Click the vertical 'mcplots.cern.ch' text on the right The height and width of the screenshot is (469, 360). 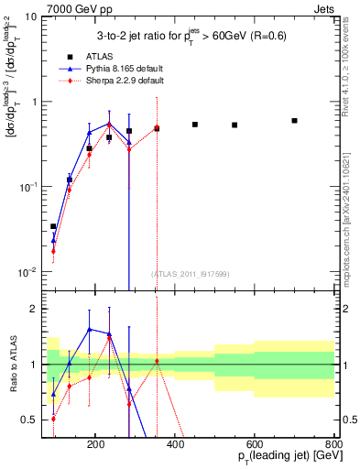[351, 211]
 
